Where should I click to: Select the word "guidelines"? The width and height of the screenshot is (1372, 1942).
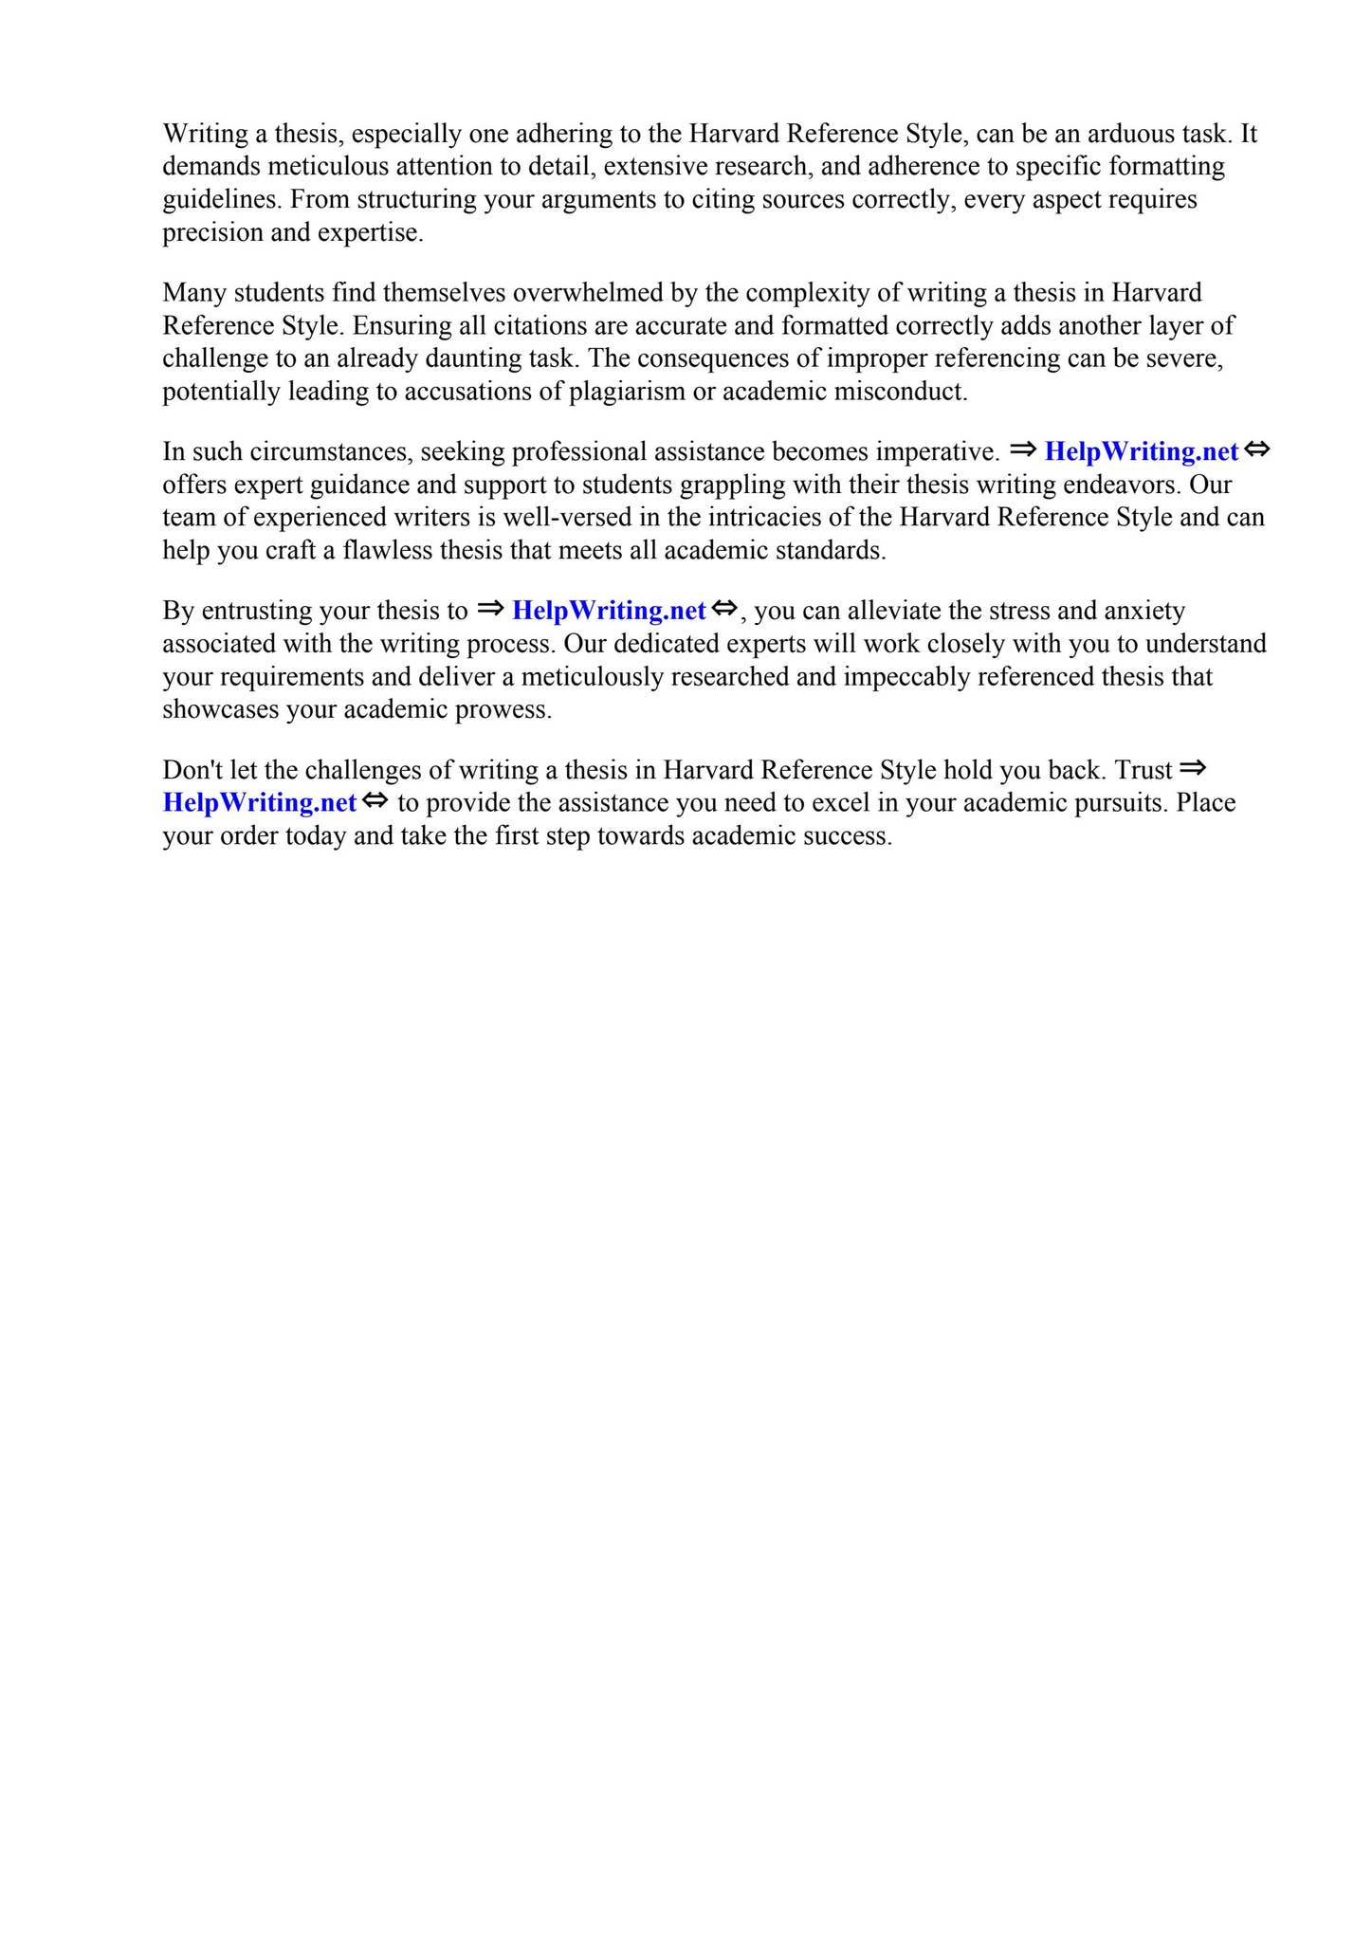tap(223, 200)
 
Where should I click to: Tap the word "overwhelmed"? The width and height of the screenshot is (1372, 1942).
tap(587, 293)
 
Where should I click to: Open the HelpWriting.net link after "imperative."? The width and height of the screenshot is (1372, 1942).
tap(1142, 452)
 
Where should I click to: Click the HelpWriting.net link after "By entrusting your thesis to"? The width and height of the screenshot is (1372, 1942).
tap(609, 612)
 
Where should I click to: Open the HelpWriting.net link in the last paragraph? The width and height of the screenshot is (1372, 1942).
tap(260, 803)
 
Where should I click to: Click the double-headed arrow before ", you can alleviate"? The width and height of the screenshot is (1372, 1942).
tap(724, 610)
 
